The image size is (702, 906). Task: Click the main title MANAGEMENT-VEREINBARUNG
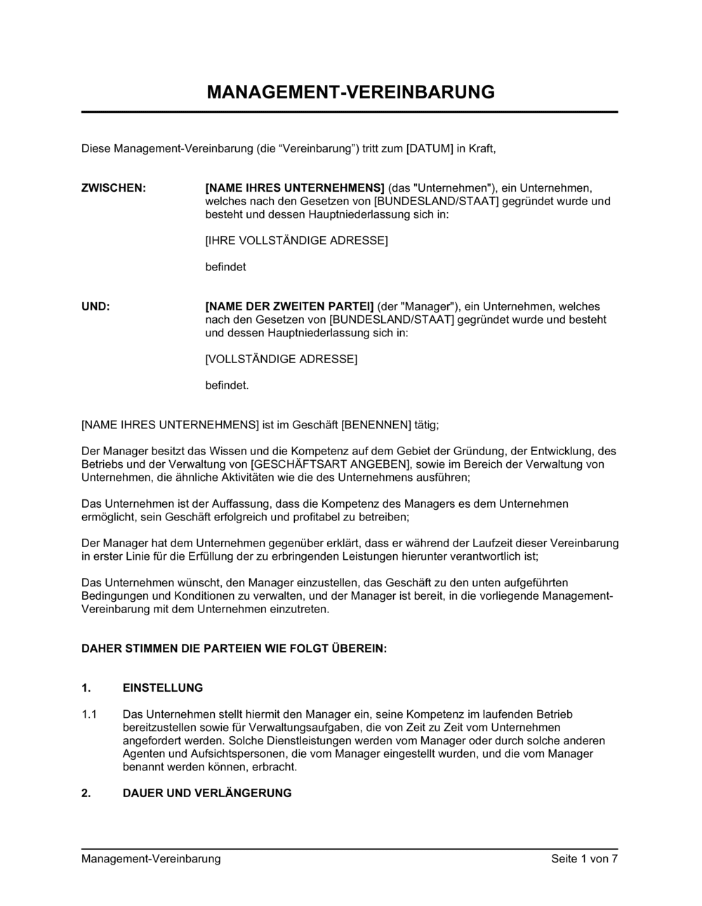(x=350, y=93)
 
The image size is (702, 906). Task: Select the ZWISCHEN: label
(x=114, y=188)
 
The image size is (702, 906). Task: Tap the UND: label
(x=95, y=307)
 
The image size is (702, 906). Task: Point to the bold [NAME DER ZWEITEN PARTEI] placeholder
(x=289, y=307)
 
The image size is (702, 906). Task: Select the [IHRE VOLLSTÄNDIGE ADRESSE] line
(x=296, y=241)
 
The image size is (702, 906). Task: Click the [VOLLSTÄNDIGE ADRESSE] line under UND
(x=281, y=360)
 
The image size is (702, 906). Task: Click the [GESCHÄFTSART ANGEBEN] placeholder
(x=329, y=465)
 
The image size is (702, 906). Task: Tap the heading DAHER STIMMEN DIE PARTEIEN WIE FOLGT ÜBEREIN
(x=234, y=649)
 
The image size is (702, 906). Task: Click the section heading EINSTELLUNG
(x=163, y=688)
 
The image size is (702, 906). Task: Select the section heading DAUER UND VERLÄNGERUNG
(x=207, y=794)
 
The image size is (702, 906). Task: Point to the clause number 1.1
(x=89, y=715)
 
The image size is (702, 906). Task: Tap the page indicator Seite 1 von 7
(x=584, y=859)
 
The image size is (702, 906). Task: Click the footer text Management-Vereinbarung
(x=151, y=859)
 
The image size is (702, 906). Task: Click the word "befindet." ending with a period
(x=227, y=386)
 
